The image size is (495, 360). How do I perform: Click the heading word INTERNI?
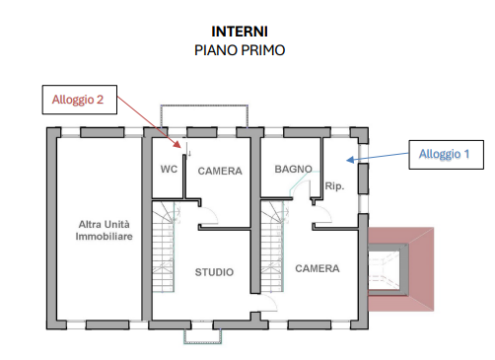tap(240, 32)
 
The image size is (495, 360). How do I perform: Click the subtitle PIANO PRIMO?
tap(240, 50)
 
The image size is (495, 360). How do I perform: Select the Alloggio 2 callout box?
tap(80, 100)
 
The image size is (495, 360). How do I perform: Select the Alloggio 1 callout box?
tap(446, 155)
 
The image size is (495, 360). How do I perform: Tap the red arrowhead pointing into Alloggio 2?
tap(177, 145)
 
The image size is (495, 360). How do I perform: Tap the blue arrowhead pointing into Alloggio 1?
tap(350, 160)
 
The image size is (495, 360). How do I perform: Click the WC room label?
tap(169, 169)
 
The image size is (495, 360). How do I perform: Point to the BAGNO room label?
tap(293, 169)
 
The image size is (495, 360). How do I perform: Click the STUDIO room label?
tap(214, 272)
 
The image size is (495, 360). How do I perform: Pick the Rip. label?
tap(334, 186)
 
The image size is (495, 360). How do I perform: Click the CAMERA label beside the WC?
tap(220, 171)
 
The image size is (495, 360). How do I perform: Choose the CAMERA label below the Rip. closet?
tap(318, 268)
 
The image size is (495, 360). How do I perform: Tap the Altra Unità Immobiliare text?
tap(104, 230)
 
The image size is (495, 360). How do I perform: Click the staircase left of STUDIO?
tap(164, 247)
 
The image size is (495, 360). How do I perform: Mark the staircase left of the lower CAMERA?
tap(272, 247)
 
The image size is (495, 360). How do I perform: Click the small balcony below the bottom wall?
tap(202, 337)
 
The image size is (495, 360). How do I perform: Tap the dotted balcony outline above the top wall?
tap(204, 106)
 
